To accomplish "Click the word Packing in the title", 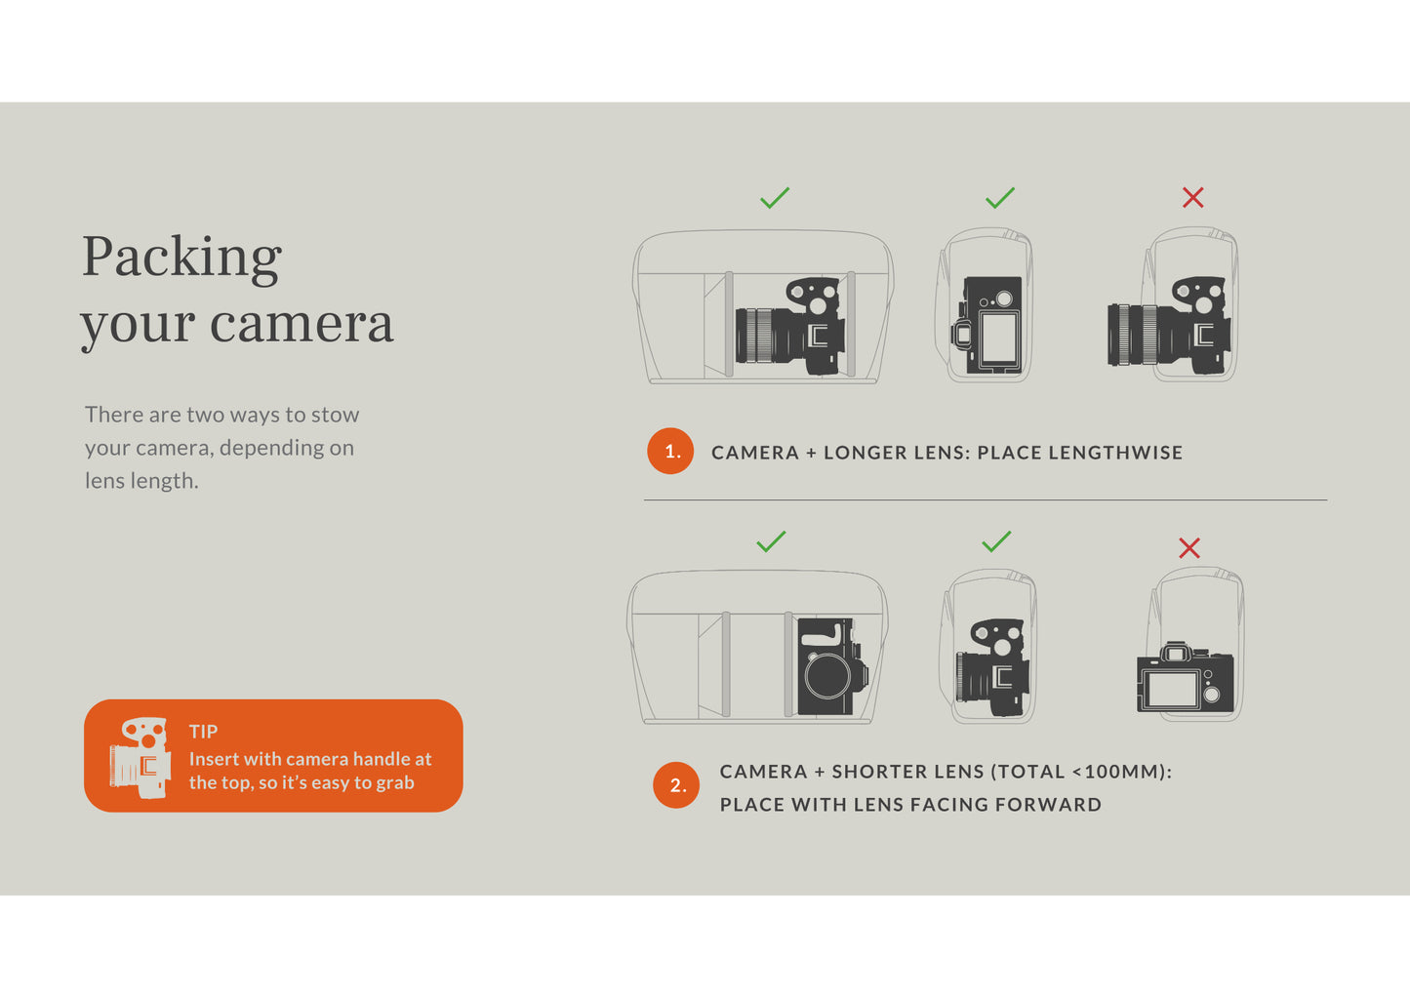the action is click(x=181, y=258).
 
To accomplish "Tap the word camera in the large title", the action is click(x=302, y=324).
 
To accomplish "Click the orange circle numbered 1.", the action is click(x=670, y=451).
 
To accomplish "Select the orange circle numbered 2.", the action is click(x=676, y=784).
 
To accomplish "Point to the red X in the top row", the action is click(x=1192, y=198).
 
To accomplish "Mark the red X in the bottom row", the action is click(x=1189, y=547).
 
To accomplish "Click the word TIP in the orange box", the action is click(x=203, y=732).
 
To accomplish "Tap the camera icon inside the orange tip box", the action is click(x=140, y=758).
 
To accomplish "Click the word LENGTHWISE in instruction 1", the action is click(x=1115, y=453).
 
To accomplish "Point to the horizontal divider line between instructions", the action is click(x=986, y=499).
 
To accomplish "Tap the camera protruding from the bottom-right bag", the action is click(x=1186, y=678).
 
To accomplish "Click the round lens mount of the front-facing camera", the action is click(x=827, y=676).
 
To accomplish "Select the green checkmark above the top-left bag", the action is click(x=774, y=198).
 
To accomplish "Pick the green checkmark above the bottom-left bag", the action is click(x=771, y=541).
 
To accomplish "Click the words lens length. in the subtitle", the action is click(x=141, y=481).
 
